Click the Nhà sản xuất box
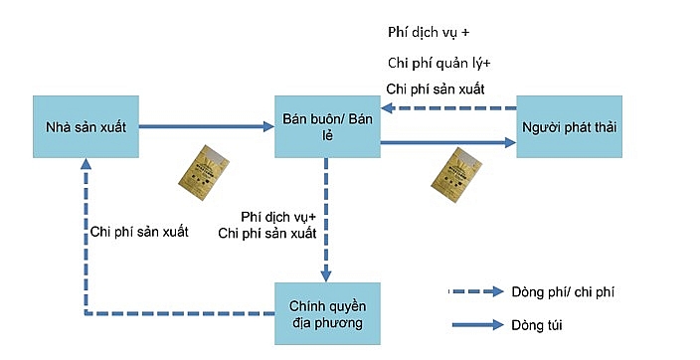85,126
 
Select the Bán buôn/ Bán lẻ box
327,126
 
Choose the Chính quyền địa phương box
327,313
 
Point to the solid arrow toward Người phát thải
447,144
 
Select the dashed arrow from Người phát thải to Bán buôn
447,108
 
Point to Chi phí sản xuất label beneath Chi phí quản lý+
436,90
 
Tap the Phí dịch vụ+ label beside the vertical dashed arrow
279,215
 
